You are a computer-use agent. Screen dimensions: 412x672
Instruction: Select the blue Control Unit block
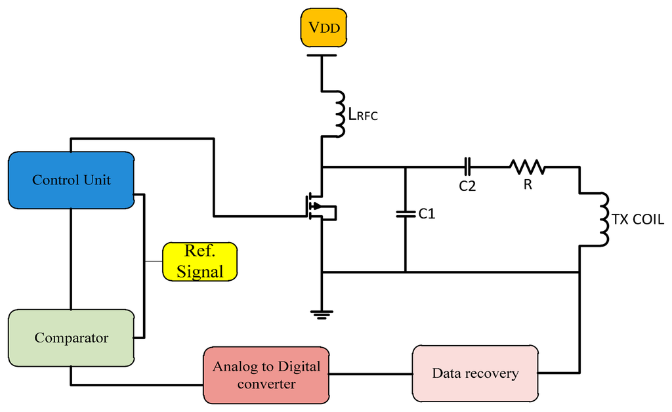(x=72, y=180)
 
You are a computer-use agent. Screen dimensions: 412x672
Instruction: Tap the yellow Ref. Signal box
(x=200, y=262)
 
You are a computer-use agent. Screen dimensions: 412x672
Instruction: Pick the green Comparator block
(x=71, y=338)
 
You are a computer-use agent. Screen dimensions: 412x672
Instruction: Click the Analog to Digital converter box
(x=266, y=375)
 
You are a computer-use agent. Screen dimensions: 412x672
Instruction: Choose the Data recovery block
(x=474, y=373)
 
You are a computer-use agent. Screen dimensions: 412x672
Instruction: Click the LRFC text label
(x=364, y=116)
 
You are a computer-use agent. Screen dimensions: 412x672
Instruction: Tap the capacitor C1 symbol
(x=405, y=213)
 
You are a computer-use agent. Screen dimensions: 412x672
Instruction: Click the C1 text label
(x=427, y=213)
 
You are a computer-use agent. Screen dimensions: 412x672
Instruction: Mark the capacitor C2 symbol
(x=467, y=167)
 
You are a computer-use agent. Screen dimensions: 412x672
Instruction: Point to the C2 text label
(x=467, y=186)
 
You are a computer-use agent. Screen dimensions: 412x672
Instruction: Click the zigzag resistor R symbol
(x=527, y=167)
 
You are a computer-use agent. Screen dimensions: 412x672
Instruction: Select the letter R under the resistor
(x=528, y=186)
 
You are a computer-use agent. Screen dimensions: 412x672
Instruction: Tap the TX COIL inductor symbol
(x=600, y=220)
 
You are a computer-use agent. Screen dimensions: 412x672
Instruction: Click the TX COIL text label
(x=638, y=220)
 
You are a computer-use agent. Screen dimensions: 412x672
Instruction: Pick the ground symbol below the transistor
(x=322, y=313)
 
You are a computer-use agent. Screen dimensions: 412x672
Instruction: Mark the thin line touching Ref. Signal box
(x=154, y=261)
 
